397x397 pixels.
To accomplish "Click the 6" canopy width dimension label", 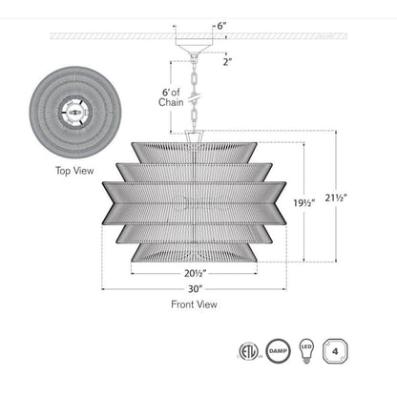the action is [221, 26].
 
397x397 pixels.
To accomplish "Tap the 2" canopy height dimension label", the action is [227, 62].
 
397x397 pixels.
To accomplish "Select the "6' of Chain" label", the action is [171, 97].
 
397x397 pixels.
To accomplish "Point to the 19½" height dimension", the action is [304, 202].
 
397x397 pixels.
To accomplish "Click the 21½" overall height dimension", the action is [336, 198].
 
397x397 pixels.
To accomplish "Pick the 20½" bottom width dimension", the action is [196, 273].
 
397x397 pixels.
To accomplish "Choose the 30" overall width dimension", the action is [195, 289].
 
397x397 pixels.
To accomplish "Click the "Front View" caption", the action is [194, 304].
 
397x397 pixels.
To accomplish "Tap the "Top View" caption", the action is [74, 171].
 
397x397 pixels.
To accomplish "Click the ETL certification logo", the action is [248, 351].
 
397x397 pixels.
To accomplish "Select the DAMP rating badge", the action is [278, 351].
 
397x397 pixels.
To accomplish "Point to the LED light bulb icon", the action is [306, 351].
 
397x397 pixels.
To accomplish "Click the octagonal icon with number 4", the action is [335, 351].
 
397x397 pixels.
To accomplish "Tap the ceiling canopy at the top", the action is [194, 44].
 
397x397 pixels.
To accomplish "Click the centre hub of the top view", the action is [75, 113].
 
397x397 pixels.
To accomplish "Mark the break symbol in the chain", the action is [194, 97].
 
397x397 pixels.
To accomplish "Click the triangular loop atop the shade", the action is [194, 136].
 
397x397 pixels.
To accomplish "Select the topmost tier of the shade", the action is [194, 153].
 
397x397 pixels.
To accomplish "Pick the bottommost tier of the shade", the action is [194, 253].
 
